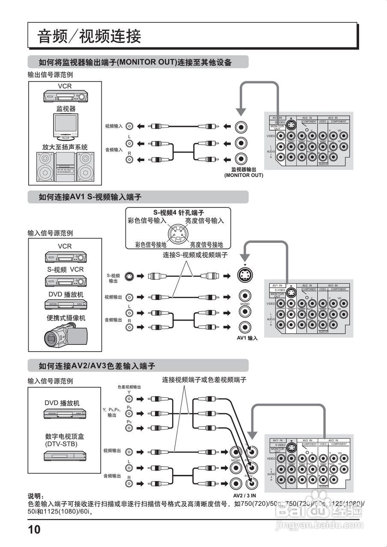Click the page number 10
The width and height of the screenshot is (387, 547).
pyautogui.click(x=34, y=530)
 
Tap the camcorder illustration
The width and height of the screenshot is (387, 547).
pyautogui.click(x=66, y=334)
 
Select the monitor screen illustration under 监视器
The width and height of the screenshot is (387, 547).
pyautogui.click(x=65, y=126)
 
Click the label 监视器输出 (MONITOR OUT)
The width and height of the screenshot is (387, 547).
pyautogui.click(x=244, y=172)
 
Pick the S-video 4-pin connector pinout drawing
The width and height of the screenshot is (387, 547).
pyautogui.click(x=178, y=234)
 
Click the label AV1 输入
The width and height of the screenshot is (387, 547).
pyautogui.click(x=247, y=338)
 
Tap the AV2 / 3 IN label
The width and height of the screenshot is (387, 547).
pyautogui.click(x=244, y=496)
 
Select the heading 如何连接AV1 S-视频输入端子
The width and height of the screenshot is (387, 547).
pyautogui.click(x=90, y=197)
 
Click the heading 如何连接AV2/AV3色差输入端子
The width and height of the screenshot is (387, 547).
pyautogui.click(x=97, y=366)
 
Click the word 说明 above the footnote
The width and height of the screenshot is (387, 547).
pyautogui.click(x=36, y=496)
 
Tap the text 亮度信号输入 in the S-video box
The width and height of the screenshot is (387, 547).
pyautogui.click(x=204, y=221)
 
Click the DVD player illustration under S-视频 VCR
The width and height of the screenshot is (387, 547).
pyautogui.click(x=65, y=304)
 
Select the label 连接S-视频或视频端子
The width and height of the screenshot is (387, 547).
pyautogui.click(x=195, y=255)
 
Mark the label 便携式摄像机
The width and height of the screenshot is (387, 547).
pyautogui.click(x=65, y=318)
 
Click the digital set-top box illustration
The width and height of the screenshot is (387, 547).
pyautogui.click(x=65, y=456)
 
